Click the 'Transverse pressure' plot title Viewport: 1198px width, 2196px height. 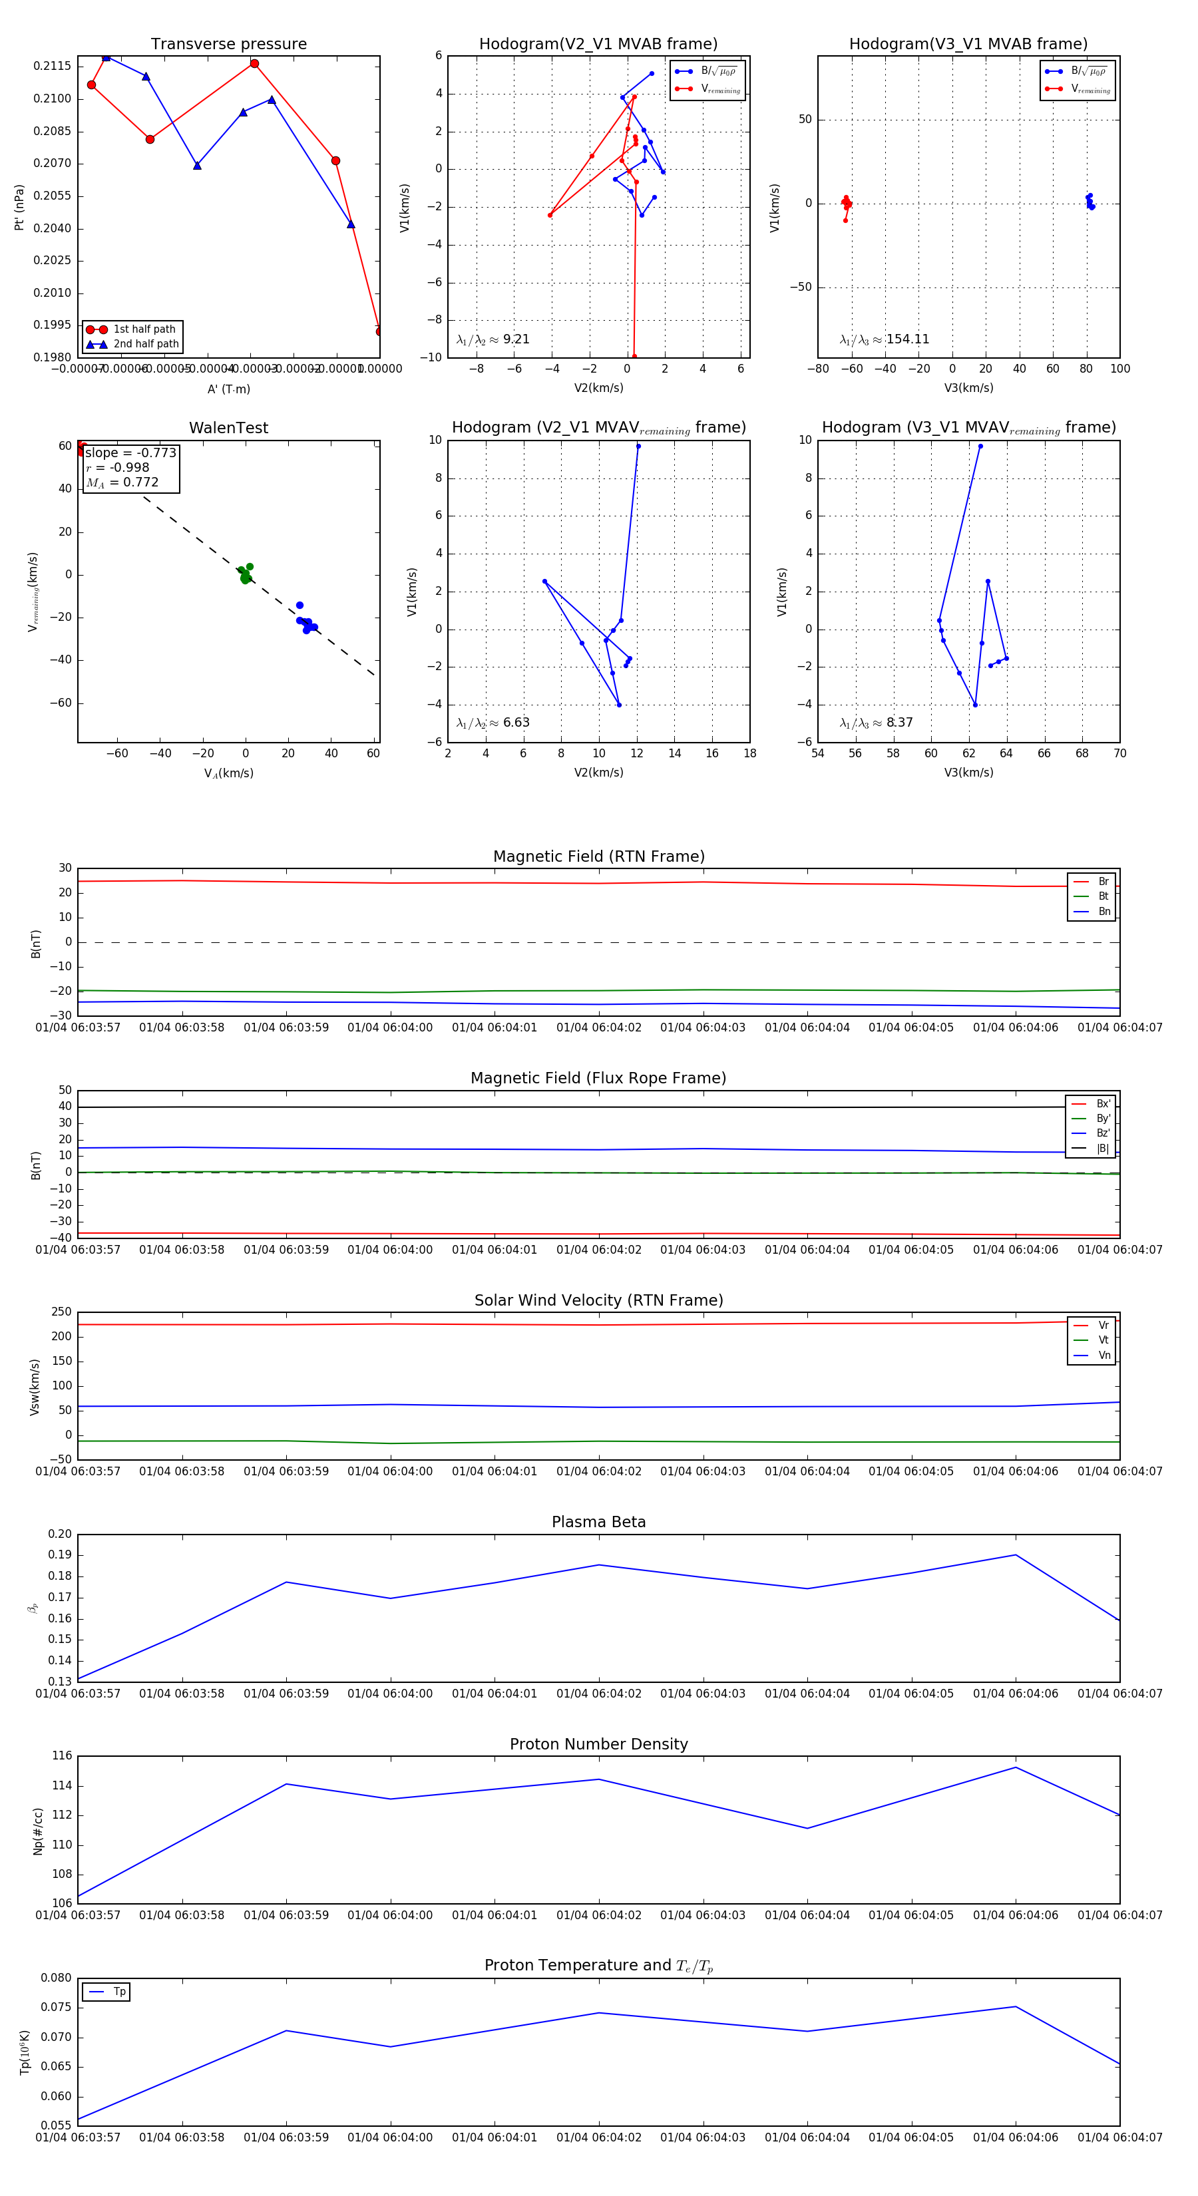228,45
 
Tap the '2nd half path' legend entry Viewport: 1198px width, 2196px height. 146,345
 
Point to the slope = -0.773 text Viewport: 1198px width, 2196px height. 130,453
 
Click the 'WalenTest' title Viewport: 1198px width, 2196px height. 228,428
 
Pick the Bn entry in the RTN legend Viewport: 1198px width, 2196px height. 1103,911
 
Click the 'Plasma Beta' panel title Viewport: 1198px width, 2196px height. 598,1522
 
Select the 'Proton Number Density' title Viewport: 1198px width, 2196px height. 598,1744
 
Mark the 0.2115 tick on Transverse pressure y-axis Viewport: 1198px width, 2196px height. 53,67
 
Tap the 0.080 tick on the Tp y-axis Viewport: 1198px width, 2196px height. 57,1978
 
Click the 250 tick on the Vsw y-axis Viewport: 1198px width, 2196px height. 61,1312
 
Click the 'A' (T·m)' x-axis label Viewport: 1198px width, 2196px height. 228,389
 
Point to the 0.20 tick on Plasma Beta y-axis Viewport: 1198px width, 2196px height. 60,1535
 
